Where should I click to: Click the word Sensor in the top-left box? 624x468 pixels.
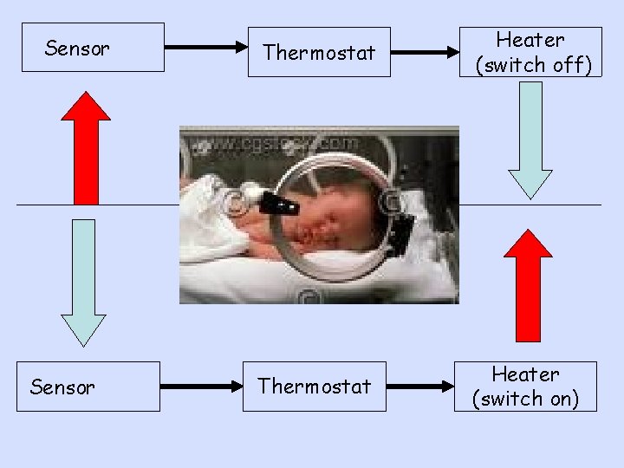(77, 49)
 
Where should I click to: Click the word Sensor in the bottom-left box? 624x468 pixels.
(62, 387)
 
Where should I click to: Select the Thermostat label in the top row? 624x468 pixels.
(319, 53)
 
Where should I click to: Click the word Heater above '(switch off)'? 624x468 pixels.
(530, 40)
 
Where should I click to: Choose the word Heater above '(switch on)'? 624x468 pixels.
(526, 374)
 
